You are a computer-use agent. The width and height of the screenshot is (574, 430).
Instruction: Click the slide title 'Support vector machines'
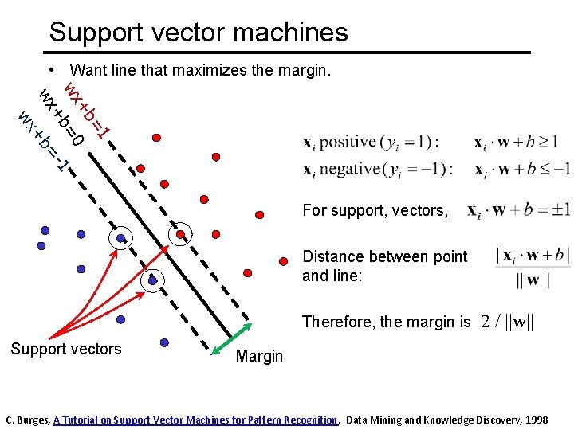[x=199, y=32]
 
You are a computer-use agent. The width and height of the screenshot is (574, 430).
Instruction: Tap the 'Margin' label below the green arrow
[x=259, y=356]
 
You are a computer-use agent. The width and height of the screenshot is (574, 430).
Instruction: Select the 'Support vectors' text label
[x=66, y=349]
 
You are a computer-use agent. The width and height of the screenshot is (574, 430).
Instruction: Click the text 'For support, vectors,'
[x=375, y=210]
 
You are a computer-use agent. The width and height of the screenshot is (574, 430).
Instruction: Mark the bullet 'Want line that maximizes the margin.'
[x=199, y=71]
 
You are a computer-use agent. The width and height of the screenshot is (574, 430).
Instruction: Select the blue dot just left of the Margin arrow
[x=164, y=342]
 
